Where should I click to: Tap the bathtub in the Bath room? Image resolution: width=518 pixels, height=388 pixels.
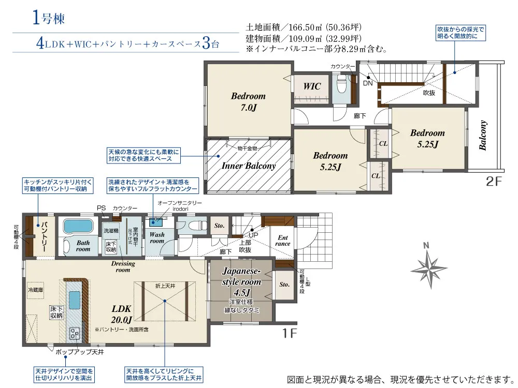tap(77, 226)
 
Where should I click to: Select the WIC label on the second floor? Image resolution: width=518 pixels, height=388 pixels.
tap(311, 86)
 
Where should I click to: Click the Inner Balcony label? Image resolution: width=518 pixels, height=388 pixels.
tap(249, 166)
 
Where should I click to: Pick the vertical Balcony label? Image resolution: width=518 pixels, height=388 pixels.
tap(483, 136)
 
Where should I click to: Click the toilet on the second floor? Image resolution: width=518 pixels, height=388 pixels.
tap(341, 83)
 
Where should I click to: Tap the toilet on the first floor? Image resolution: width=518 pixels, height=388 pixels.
tap(193, 226)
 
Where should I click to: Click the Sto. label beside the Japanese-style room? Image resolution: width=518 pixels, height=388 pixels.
tap(284, 285)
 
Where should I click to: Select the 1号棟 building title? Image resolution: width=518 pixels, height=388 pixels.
tap(48, 19)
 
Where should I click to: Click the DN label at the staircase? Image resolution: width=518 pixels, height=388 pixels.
tap(368, 83)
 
